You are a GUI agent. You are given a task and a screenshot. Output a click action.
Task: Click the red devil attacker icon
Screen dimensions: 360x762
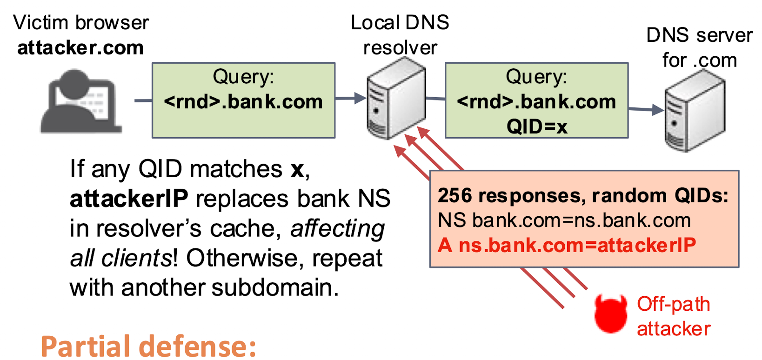(610, 314)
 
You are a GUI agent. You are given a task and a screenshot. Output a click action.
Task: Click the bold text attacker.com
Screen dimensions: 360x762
(80, 48)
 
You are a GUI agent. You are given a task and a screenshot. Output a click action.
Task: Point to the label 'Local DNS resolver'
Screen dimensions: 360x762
(400, 35)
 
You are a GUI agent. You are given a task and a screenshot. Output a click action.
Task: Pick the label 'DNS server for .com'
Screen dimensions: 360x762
(699, 47)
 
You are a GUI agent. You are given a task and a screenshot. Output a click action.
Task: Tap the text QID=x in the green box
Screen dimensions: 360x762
(537, 127)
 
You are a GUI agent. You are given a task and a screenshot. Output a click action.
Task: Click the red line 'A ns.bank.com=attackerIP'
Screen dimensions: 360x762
(567, 245)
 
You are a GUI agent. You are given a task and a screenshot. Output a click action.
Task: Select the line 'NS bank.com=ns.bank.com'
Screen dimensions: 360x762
(564, 220)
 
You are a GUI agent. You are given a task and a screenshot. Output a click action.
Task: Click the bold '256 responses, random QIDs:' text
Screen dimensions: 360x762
(582, 196)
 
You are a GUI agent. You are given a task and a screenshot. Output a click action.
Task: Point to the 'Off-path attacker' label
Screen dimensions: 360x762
(673, 316)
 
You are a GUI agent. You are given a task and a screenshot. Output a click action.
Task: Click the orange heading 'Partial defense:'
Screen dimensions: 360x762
(148, 347)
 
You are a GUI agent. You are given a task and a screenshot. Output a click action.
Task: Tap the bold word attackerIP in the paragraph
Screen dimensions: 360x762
(129, 199)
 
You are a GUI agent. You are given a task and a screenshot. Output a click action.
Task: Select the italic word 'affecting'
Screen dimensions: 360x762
(337, 228)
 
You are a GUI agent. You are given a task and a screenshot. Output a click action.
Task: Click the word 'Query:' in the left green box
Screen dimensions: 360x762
(243, 77)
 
